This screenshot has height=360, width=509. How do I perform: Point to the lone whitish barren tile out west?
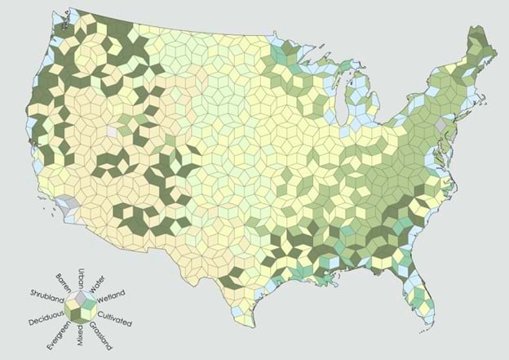(x=113, y=131)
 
